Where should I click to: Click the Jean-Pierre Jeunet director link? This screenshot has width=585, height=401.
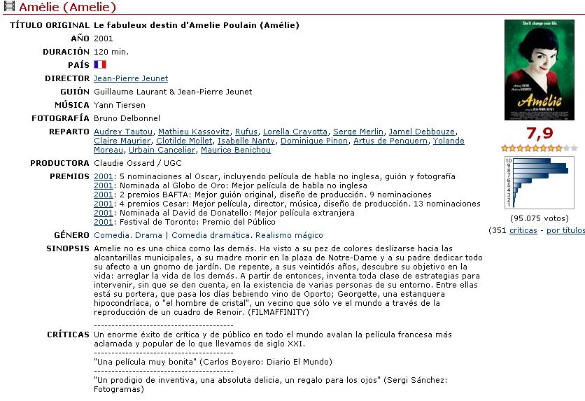(x=131, y=78)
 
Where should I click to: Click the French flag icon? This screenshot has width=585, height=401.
(x=99, y=64)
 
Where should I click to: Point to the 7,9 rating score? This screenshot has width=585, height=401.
(x=540, y=134)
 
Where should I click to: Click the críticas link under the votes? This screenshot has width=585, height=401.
(x=523, y=230)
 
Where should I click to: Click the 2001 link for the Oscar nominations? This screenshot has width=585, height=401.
(x=104, y=176)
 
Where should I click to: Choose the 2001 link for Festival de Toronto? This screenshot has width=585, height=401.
(x=104, y=222)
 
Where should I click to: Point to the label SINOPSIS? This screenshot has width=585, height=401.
(x=68, y=248)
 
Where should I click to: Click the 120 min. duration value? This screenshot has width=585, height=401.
(x=111, y=52)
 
